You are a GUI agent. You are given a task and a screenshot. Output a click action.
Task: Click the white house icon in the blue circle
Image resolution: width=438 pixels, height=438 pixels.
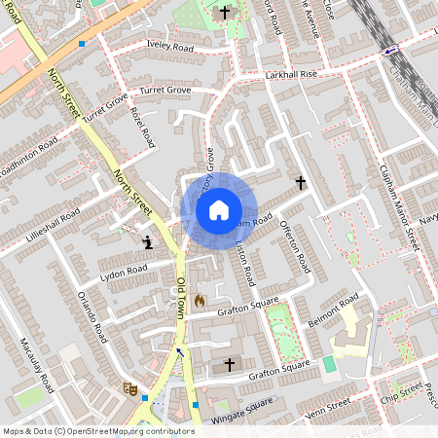click(219, 209)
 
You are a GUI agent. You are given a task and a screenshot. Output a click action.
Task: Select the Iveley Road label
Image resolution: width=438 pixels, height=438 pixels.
click(169, 46)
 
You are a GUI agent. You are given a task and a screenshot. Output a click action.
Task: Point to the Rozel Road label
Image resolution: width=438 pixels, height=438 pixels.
click(142, 128)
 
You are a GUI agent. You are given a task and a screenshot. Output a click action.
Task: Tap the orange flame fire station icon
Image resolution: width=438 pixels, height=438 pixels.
click(200, 302)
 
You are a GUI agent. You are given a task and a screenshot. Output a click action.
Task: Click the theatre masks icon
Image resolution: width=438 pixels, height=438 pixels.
click(128, 387)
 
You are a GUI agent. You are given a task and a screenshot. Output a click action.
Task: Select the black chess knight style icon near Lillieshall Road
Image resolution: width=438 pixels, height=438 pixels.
click(147, 241)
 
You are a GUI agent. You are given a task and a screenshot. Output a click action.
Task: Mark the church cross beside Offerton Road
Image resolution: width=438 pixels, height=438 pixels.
click(301, 182)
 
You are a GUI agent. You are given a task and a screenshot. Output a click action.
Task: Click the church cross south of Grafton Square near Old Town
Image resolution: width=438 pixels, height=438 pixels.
click(230, 364)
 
